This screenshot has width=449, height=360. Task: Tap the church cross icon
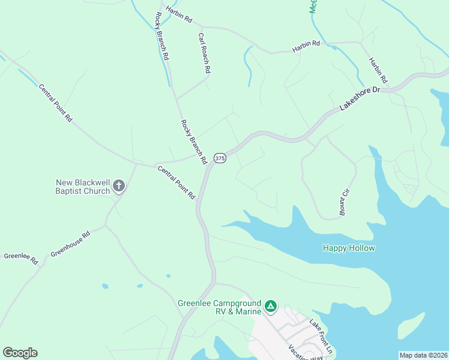click(x=119, y=186)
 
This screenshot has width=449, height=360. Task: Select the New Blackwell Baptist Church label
click(x=83, y=187)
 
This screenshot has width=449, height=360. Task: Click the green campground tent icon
click(x=271, y=307)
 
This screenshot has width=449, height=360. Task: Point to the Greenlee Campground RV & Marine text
click(x=220, y=307)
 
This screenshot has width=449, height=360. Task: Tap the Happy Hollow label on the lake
click(x=349, y=248)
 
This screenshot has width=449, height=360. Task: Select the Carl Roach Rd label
click(x=204, y=53)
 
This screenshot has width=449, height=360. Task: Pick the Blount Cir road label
click(x=344, y=202)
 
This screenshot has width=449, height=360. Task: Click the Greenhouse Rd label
click(x=70, y=244)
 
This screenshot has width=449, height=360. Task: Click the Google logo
click(x=20, y=353)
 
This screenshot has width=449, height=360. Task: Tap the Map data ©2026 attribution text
click(x=423, y=355)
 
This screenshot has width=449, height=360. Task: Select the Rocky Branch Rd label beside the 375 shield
click(x=193, y=142)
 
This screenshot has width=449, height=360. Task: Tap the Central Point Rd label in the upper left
click(x=55, y=103)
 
